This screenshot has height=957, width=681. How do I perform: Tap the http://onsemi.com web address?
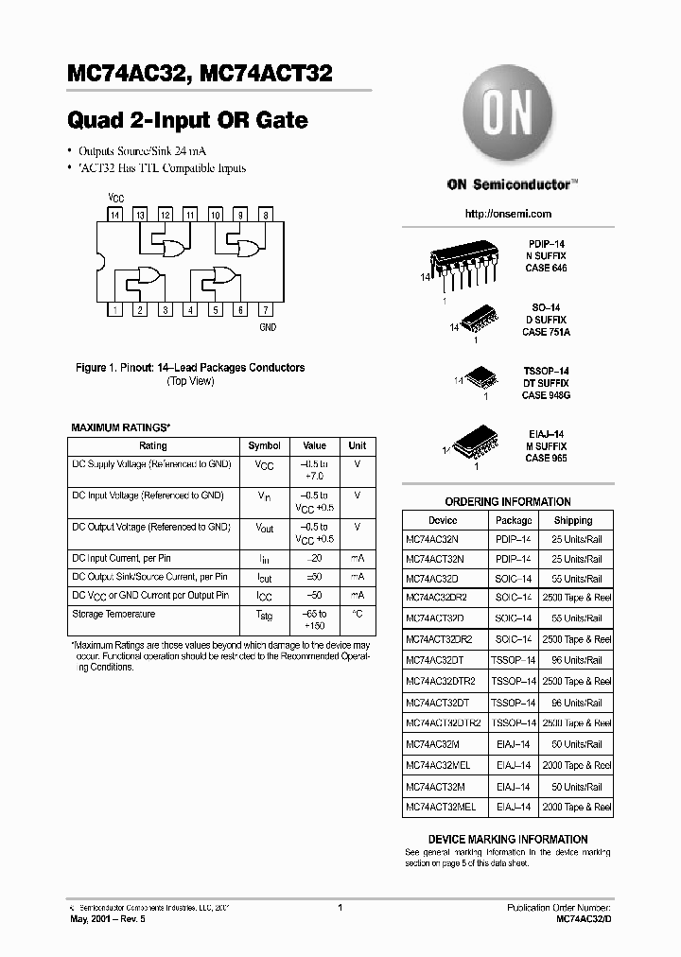coord(508,214)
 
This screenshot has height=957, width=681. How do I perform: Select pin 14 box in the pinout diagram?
coord(114,216)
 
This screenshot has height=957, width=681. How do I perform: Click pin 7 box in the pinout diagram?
coord(266,310)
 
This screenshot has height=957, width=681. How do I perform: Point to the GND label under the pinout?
coord(268,327)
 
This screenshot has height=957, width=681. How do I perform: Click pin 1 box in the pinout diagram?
coord(114,310)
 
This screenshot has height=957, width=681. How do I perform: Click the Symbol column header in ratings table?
coord(264,445)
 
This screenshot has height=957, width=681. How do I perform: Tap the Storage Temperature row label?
coord(113,614)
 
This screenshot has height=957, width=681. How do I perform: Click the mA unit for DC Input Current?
coord(357,558)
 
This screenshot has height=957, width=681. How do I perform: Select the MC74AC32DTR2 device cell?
coord(443,681)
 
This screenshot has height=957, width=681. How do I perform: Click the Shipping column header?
coord(573,520)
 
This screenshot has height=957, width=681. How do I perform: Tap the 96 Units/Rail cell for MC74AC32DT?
coord(577,660)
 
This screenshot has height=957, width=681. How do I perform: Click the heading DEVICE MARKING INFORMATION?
coord(507,839)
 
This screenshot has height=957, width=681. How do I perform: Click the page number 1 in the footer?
coord(340,908)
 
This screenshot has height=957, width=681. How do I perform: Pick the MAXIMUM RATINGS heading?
coord(120,427)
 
